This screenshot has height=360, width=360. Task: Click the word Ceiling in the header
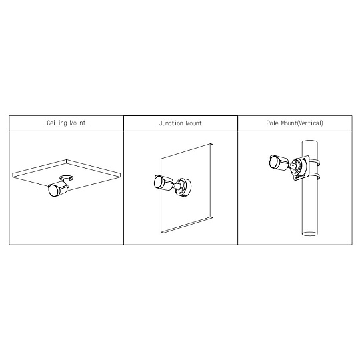(57, 123)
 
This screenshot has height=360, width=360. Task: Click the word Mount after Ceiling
(77, 123)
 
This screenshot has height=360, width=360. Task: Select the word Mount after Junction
(193, 123)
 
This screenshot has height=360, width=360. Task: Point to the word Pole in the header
(273, 123)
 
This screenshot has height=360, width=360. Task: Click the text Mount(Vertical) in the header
(302, 123)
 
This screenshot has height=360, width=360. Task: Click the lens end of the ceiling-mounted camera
(53, 191)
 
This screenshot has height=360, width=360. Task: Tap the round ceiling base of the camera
(67, 177)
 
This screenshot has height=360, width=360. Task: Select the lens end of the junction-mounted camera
(158, 182)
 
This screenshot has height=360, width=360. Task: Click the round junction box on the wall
(183, 187)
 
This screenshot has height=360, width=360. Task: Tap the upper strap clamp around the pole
(315, 161)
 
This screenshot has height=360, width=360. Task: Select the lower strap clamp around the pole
(315, 177)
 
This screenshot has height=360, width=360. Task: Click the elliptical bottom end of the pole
(310, 234)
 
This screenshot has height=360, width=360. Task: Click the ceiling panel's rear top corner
(67, 160)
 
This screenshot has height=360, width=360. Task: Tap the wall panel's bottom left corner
(161, 233)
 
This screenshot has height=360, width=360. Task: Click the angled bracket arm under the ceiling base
(67, 184)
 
